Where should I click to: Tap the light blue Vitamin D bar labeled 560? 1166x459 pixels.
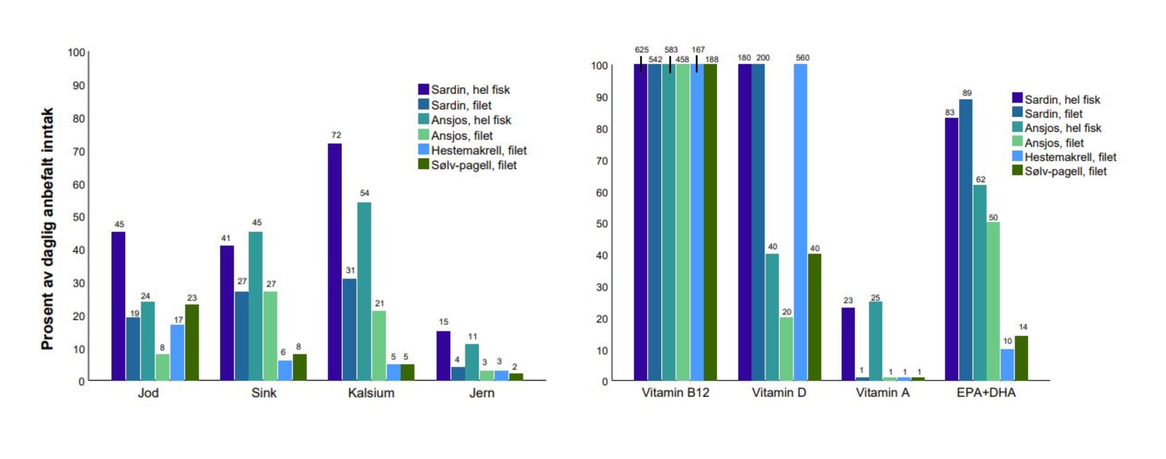pos(800,222)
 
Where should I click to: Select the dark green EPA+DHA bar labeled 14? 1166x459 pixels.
pos(1021,358)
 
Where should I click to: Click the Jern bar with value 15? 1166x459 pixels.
pos(444,355)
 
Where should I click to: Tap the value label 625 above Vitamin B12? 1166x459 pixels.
pos(641,50)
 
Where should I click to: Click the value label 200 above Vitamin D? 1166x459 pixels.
pos(763,58)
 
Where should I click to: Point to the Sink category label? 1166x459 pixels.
pos(264,393)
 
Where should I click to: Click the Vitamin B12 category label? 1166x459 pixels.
pos(675,393)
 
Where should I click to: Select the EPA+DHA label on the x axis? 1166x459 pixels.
pos(986,393)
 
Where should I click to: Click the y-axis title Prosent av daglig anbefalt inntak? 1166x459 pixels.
pos(48,228)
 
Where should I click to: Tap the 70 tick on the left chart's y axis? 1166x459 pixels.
pos(79,151)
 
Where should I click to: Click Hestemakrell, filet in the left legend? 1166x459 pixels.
pos(478,150)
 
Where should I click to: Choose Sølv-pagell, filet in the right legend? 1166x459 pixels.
pos(1065,171)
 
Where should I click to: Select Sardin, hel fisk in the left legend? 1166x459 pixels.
pos(470,90)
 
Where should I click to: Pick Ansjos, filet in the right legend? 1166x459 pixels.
pos(1054,143)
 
